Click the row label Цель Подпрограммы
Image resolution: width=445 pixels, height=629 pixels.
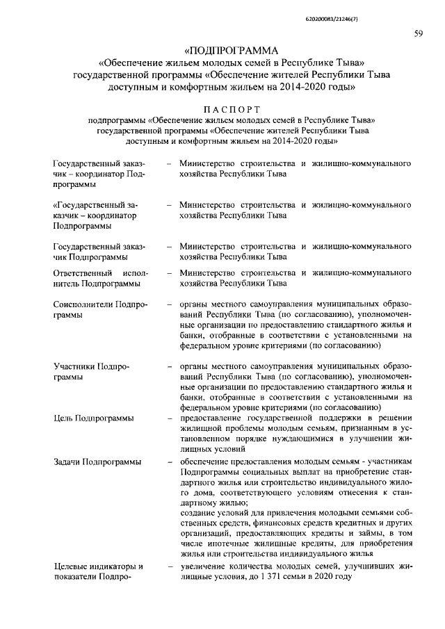coord(93,418)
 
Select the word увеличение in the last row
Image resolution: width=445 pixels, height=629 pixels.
coord(204,568)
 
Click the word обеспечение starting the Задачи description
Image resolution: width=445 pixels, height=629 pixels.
coord(206,462)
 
